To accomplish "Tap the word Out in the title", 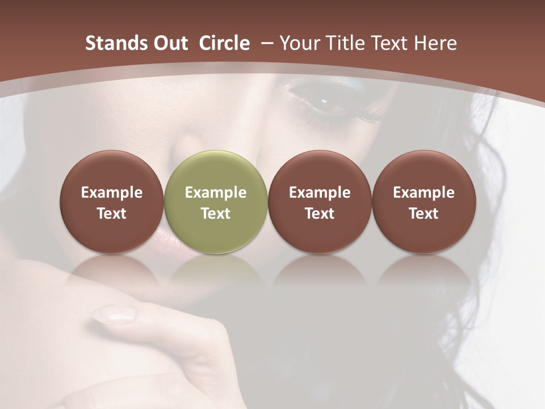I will [x=169, y=43].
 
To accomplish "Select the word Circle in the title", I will [x=224, y=43].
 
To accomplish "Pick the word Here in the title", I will [x=436, y=43].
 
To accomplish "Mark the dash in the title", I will [x=267, y=43].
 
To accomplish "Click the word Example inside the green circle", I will [x=216, y=193].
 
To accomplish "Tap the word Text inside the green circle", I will [x=216, y=214].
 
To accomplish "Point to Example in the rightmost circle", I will [x=424, y=193].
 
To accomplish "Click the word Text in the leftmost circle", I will [x=112, y=214].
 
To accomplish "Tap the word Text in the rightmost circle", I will [x=424, y=214].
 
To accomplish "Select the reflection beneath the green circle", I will [x=216, y=270].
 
